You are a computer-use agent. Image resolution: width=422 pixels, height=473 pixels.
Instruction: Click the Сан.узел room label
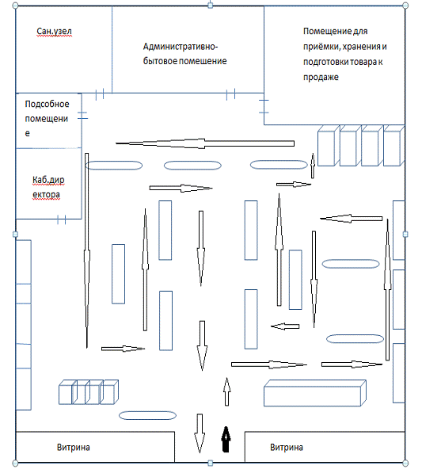point(55,32)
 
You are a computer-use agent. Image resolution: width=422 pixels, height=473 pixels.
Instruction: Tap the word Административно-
point(181,47)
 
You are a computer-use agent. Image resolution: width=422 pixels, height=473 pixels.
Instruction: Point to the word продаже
point(321,78)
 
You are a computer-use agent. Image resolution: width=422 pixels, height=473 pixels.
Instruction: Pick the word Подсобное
point(47,104)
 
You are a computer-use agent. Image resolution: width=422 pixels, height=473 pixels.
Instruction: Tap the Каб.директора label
point(48,187)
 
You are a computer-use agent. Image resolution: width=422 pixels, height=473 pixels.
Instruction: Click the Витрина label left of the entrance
point(74,447)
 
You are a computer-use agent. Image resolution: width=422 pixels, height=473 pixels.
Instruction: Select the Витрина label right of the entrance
point(287,447)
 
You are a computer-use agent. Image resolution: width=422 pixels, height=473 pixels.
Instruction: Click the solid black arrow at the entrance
point(226,439)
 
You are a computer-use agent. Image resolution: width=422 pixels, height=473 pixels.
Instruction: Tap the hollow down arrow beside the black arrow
point(200,433)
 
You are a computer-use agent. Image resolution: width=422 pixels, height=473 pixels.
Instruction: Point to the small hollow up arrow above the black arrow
point(226,391)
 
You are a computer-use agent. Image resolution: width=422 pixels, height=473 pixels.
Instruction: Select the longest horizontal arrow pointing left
point(205,143)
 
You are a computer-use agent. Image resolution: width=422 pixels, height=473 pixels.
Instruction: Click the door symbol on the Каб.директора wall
point(62,219)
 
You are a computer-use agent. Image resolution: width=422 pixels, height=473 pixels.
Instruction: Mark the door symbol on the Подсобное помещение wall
point(82,115)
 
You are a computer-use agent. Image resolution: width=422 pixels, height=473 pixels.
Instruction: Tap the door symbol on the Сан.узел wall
point(100,93)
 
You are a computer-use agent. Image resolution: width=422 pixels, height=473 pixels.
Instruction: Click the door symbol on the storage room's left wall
point(264,106)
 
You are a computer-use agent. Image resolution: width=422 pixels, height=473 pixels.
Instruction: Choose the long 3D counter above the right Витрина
point(315,393)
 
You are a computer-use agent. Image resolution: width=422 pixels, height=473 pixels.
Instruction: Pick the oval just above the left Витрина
point(148,415)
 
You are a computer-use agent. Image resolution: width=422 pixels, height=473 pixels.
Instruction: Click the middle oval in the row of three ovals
point(192,166)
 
